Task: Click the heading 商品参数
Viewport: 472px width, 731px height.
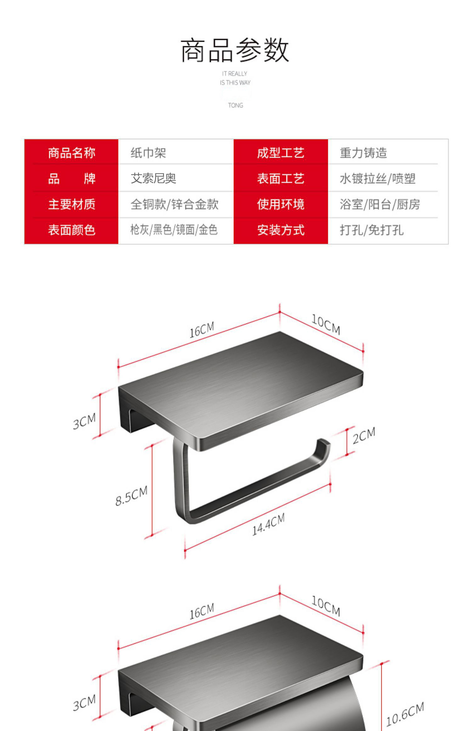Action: pyautogui.click(x=235, y=50)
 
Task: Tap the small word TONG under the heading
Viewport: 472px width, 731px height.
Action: pyautogui.click(x=235, y=105)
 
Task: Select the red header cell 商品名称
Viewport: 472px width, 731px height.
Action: pyautogui.click(x=71, y=153)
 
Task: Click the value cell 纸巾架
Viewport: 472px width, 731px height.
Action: pyautogui.click(x=148, y=153)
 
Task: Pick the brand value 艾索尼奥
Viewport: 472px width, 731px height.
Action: pyautogui.click(x=153, y=178)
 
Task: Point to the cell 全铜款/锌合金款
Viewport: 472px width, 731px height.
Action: pyautogui.click(x=174, y=204)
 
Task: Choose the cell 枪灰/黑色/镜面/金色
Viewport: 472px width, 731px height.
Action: pyautogui.click(x=174, y=230)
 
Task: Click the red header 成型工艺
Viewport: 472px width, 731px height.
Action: pyautogui.click(x=280, y=153)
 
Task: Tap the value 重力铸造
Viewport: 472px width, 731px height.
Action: pyautogui.click(x=363, y=153)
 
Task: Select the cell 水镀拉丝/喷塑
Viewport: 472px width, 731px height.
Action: pyautogui.click(x=378, y=179)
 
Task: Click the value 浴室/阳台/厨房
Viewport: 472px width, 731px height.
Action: pyautogui.click(x=380, y=204)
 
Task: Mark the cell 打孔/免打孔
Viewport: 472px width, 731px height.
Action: pyautogui.click(x=371, y=230)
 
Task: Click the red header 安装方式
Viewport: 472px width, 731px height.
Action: pyautogui.click(x=281, y=230)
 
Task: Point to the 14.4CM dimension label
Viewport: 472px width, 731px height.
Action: pyautogui.click(x=268, y=524)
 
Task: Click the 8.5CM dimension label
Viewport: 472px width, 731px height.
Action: pyautogui.click(x=131, y=496)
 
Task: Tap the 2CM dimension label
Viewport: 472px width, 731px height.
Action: pyautogui.click(x=364, y=435)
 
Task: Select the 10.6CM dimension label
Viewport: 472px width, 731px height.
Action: pyautogui.click(x=405, y=713)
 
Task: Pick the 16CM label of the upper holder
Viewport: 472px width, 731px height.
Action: pyautogui.click(x=202, y=329)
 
